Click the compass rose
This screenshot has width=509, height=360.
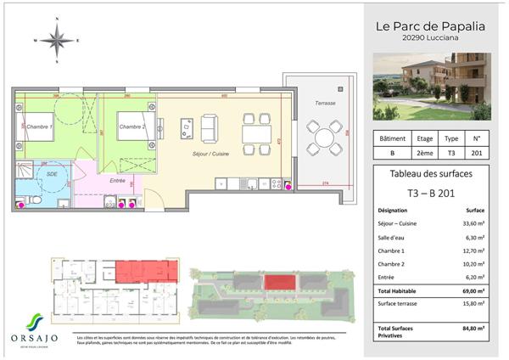click(56, 39)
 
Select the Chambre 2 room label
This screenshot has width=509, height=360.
click(131, 127)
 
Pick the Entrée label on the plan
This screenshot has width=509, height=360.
click(119, 180)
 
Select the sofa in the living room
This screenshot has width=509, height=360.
click(208, 128)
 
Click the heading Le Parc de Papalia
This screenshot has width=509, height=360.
click(430, 26)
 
